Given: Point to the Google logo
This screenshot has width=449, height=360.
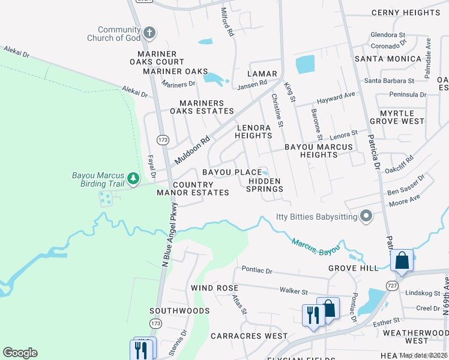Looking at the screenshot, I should click(x=20, y=353).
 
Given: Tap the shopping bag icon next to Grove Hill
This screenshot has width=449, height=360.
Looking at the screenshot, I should click(x=402, y=261).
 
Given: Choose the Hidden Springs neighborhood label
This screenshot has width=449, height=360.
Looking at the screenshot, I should click(x=265, y=185).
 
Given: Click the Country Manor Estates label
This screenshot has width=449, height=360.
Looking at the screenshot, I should click(x=193, y=188).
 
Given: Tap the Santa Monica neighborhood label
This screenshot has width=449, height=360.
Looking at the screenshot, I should click(x=388, y=59).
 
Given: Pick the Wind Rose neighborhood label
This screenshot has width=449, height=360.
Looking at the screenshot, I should click(x=214, y=288).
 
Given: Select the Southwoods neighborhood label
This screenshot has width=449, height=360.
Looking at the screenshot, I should click(x=179, y=311).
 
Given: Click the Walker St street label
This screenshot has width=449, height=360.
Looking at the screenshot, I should click(x=294, y=291).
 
